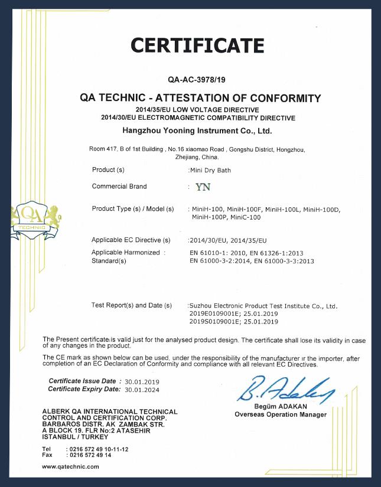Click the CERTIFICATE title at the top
tap(197, 45)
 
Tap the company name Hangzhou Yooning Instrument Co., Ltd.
tap(197, 129)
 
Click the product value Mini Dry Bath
tap(210, 170)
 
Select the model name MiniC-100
tap(245, 217)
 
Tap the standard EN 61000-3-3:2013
tap(284, 261)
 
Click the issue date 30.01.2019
tap(142, 382)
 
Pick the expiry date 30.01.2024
tap(142, 390)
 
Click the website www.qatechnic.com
tap(70, 466)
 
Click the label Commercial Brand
tap(119, 187)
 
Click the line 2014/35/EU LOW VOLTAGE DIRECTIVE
tap(197, 110)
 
